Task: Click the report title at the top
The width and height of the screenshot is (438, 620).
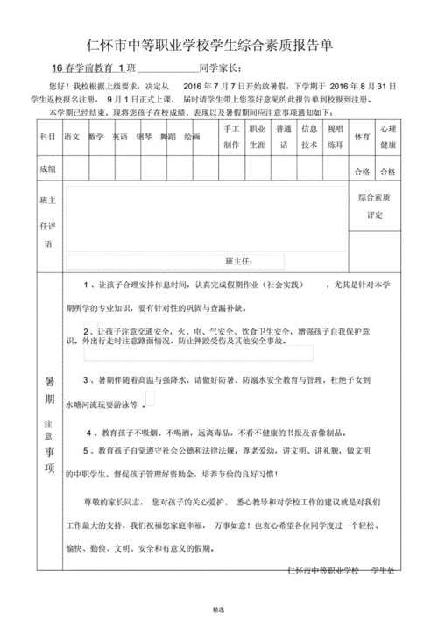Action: (218, 44)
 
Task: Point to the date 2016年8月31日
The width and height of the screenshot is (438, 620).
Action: (363, 88)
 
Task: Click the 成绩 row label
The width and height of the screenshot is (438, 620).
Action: (46, 168)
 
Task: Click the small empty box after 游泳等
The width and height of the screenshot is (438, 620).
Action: (151, 399)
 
